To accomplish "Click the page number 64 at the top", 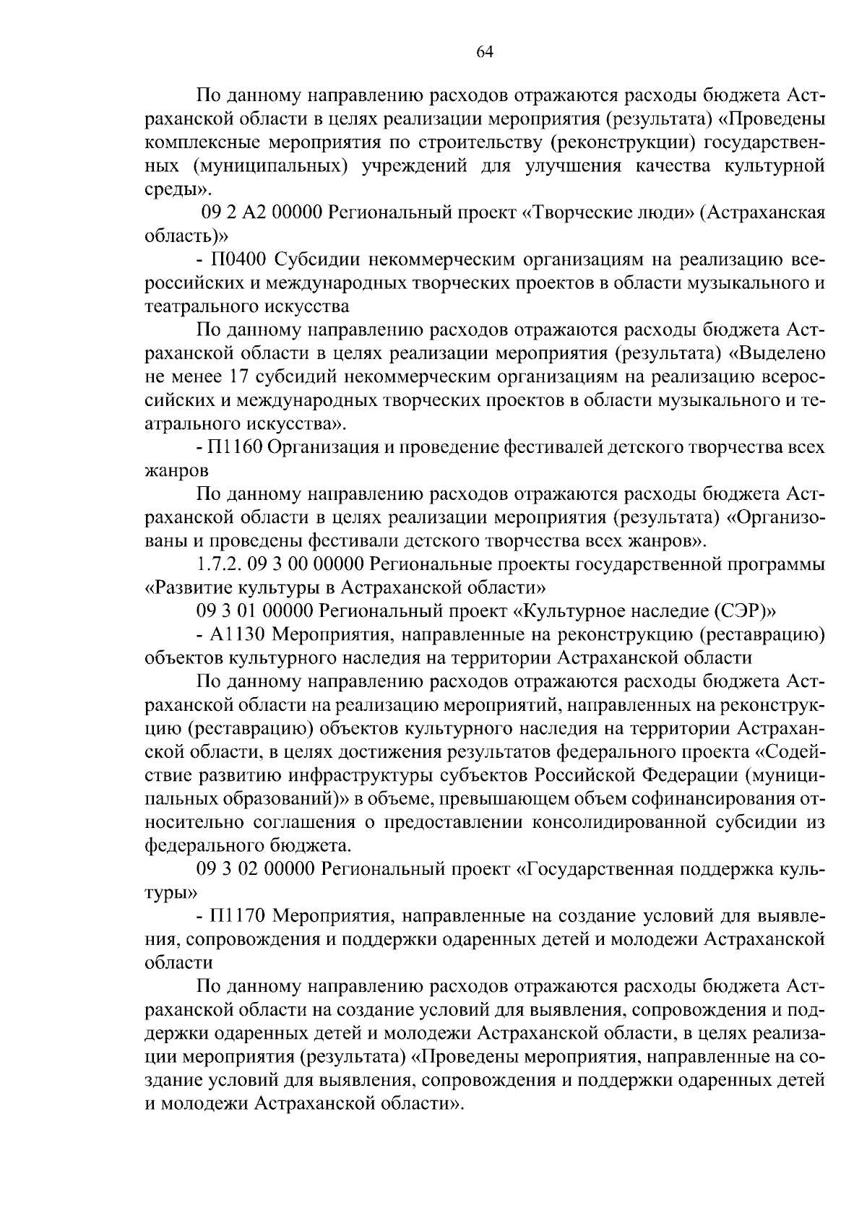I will click(x=484, y=51).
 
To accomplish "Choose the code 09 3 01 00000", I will click(x=254, y=610).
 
